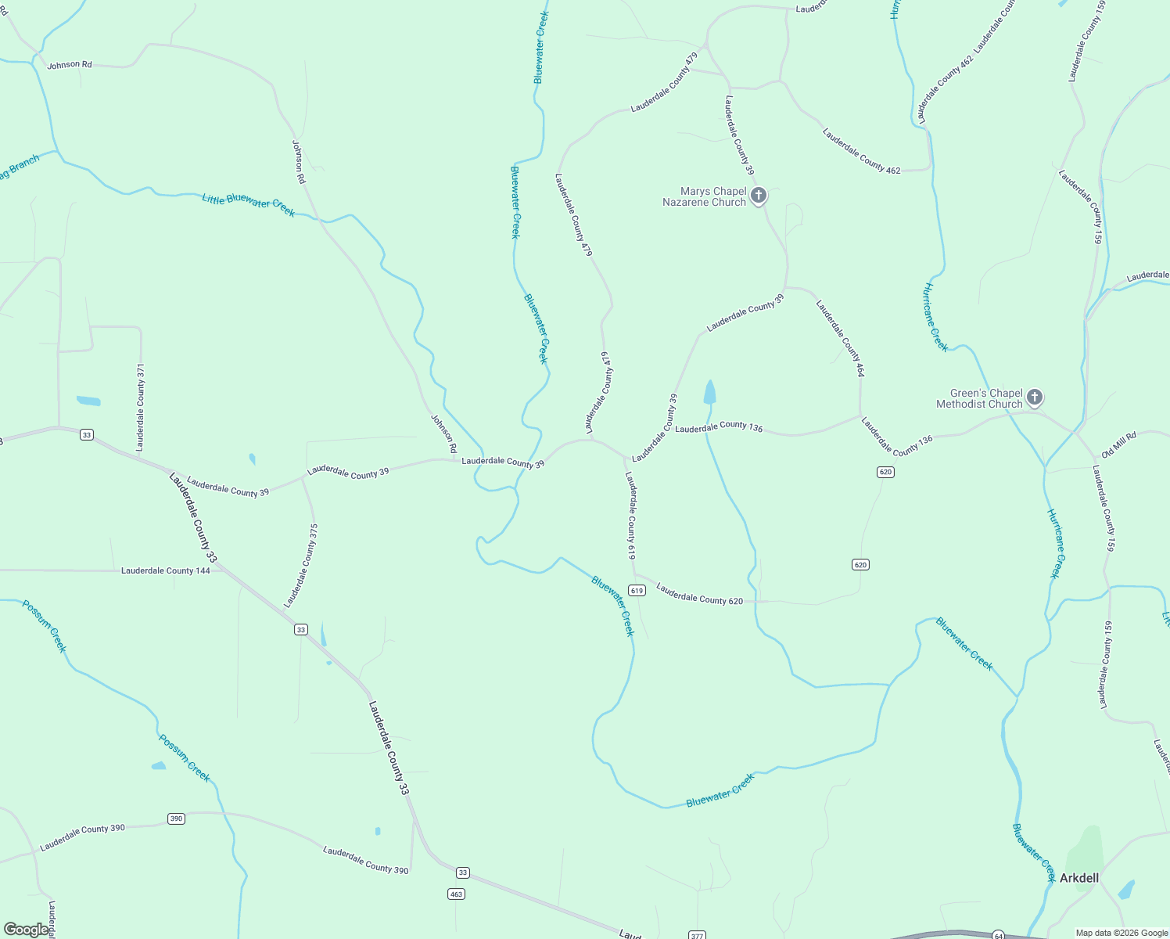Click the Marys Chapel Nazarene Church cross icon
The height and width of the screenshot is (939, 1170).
point(758,196)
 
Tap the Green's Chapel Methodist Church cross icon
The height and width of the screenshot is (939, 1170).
point(1035,398)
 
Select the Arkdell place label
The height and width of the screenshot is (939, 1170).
point(1078,878)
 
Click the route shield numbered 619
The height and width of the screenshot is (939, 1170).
point(637,591)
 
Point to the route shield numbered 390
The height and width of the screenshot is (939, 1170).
point(176,818)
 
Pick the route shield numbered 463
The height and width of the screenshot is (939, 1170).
point(457,894)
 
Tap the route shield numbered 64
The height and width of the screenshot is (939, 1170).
point(998,935)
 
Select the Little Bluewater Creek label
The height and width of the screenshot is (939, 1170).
point(248,204)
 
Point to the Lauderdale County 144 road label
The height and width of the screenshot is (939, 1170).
point(166,571)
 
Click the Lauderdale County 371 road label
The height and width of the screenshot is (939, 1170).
point(141,407)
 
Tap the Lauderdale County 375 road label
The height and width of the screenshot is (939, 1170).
point(301,566)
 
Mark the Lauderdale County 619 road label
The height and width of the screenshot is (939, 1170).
point(630,515)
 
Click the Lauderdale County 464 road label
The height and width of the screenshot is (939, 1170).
point(840,339)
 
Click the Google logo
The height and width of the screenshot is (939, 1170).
point(26,930)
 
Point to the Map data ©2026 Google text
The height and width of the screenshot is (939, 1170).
point(1120,933)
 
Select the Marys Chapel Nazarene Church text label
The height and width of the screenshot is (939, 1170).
point(704,196)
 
